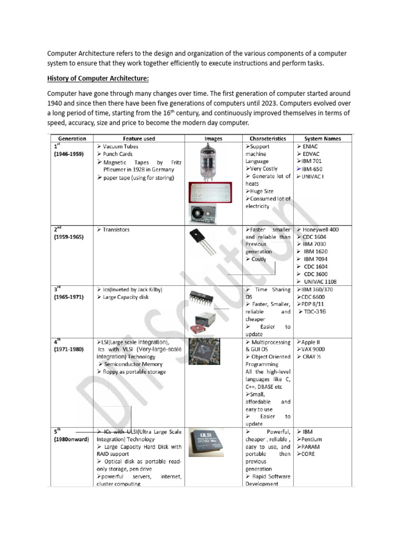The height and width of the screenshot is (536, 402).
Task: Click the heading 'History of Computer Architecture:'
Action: [x=98, y=79]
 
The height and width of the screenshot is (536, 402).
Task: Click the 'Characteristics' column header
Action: [x=267, y=139]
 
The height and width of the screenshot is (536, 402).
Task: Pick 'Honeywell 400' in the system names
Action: [x=320, y=230]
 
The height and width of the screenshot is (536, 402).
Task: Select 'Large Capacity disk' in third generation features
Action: [x=126, y=297]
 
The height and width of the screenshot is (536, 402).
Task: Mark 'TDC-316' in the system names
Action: [x=315, y=312]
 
